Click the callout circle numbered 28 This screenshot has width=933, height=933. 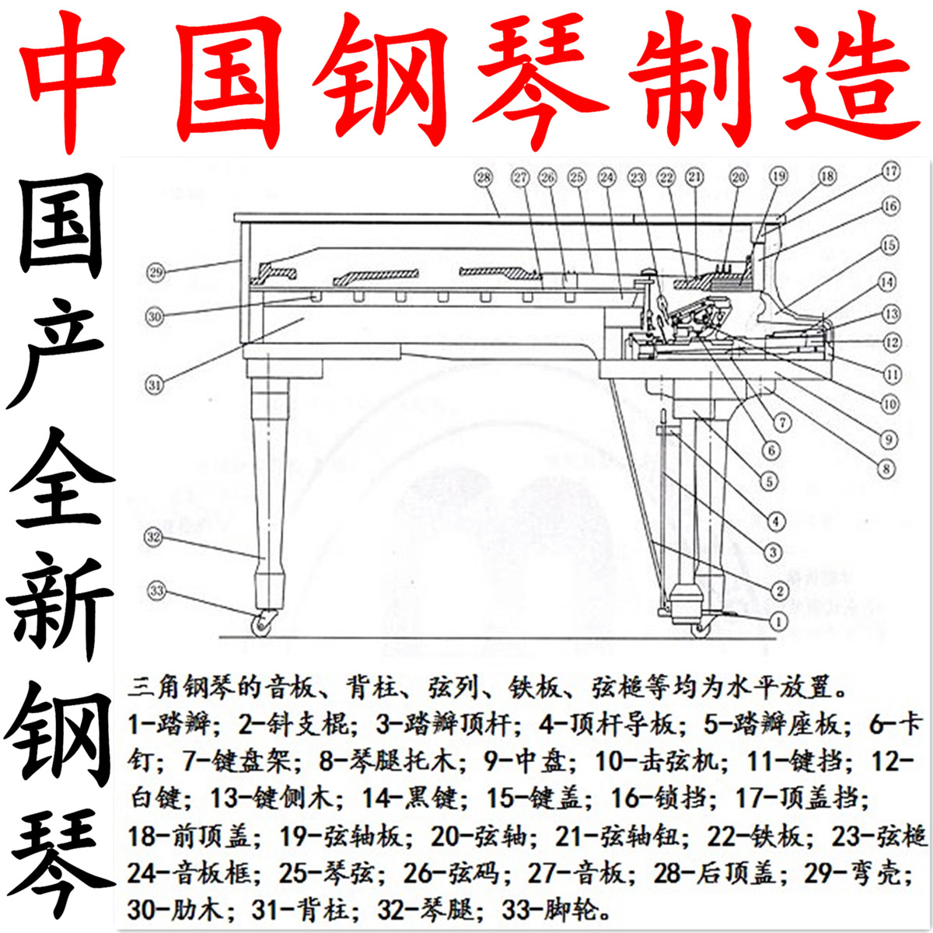pos(484,177)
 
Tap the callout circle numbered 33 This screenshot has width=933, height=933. pos(157,591)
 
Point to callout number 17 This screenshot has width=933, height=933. pos(891,170)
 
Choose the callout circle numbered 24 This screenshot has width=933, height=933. pos(606,177)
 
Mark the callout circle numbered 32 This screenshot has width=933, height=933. pos(155,536)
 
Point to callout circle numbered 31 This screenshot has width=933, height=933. pos(155,383)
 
